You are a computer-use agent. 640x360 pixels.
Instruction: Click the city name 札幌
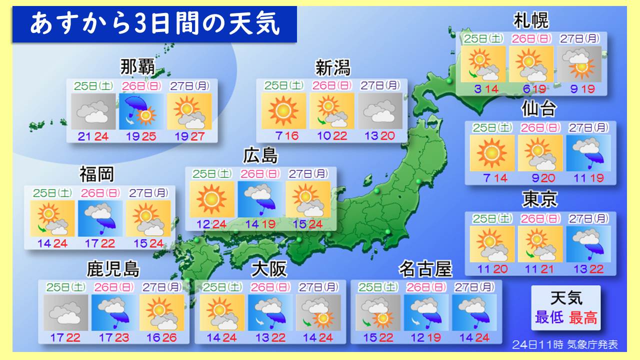(x=531, y=21)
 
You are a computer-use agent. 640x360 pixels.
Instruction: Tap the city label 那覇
(x=137, y=66)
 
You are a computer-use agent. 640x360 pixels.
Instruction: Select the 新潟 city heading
(x=332, y=67)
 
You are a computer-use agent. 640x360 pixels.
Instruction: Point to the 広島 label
(x=260, y=156)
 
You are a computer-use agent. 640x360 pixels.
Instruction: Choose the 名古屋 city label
(x=425, y=269)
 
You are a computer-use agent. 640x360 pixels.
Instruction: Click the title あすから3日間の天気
(x=154, y=24)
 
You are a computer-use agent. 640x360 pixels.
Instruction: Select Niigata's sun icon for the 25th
(x=283, y=111)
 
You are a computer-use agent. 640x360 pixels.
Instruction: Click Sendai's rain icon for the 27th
(x=588, y=153)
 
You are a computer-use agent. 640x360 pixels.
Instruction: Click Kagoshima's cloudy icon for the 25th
(x=66, y=312)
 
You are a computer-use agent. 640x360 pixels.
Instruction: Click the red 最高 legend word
(x=583, y=317)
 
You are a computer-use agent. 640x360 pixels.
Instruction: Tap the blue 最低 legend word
(x=549, y=317)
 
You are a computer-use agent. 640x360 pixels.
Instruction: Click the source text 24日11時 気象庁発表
(x=565, y=344)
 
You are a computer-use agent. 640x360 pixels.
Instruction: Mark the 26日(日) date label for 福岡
(x=100, y=192)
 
